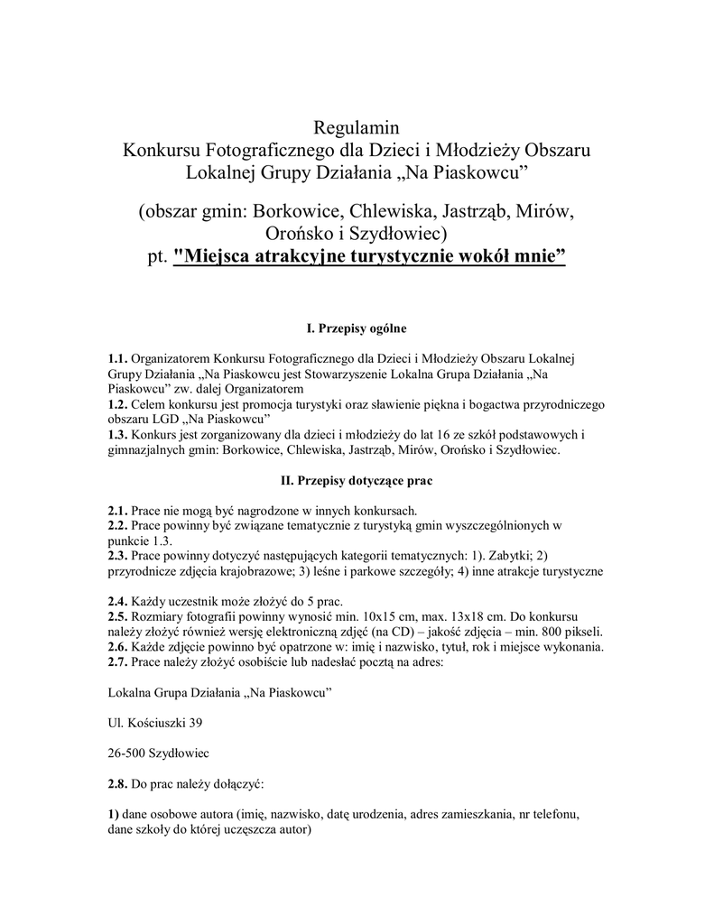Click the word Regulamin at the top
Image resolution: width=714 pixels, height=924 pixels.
coord(356,125)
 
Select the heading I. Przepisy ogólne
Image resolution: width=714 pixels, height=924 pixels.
coord(357,329)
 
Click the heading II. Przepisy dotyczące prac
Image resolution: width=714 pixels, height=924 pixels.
coord(357,481)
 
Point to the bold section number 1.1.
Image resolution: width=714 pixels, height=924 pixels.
coord(117,358)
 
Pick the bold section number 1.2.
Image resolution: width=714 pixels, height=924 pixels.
coord(117,404)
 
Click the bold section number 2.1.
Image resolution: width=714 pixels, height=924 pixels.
coord(117,510)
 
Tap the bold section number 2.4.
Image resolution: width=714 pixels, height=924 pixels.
coord(117,602)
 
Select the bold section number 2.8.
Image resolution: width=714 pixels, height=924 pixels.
coord(117,785)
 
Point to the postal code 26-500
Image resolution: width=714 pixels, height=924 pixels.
coord(127,753)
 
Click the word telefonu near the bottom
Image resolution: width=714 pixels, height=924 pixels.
coord(552,814)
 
